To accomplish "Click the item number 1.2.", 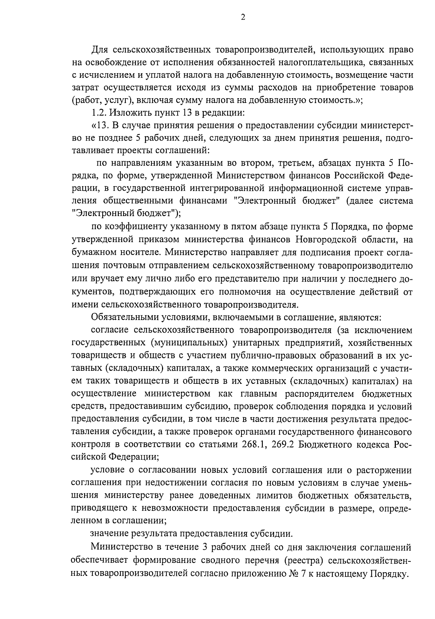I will tap(98, 113).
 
